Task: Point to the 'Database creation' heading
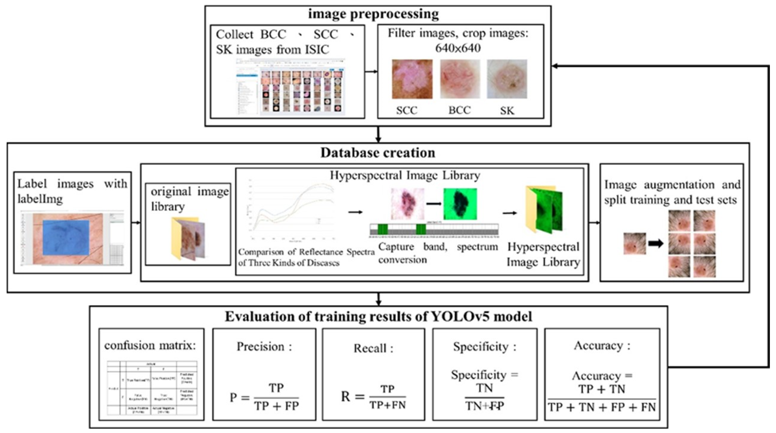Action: tap(378, 153)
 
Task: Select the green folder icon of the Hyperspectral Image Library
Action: tap(544, 210)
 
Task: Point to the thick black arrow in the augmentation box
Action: tap(656, 243)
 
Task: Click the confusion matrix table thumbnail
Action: tap(152, 388)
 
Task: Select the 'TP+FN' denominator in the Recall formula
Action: tap(388, 405)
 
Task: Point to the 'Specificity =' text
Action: tap(484, 375)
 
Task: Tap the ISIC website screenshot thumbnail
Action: tap(290, 86)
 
